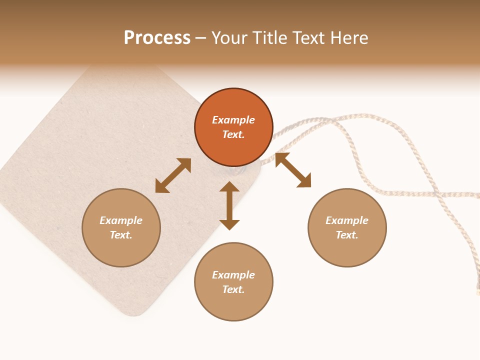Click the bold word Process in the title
point(157,38)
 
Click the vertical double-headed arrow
point(229,205)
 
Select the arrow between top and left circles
point(173,175)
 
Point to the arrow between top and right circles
point(293,170)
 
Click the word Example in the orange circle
point(233,120)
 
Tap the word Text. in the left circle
point(121,235)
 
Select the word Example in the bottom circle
point(233,275)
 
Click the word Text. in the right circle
point(347,235)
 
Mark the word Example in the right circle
point(347,220)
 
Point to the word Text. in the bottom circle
point(233,289)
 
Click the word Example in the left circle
point(121,220)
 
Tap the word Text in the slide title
point(308,38)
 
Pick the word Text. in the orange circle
point(233,134)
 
